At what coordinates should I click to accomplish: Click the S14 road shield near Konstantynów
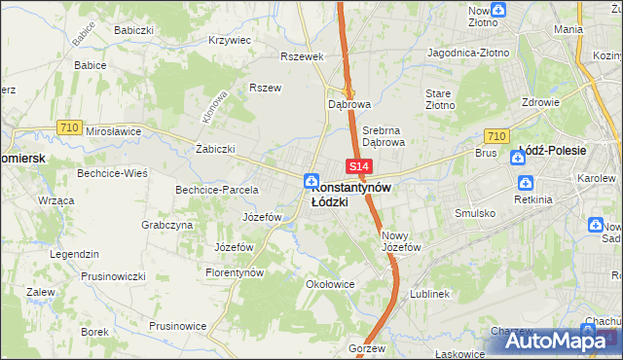[x=356, y=168]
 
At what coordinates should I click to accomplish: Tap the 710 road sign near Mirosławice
[x=68, y=127]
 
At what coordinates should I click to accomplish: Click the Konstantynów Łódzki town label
[x=351, y=195]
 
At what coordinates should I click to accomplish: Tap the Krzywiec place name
[x=230, y=41]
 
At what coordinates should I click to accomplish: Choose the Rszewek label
[x=301, y=56]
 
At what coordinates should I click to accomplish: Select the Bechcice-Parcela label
[x=216, y=190]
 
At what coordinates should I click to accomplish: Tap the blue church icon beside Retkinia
[x=526, y=183]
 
